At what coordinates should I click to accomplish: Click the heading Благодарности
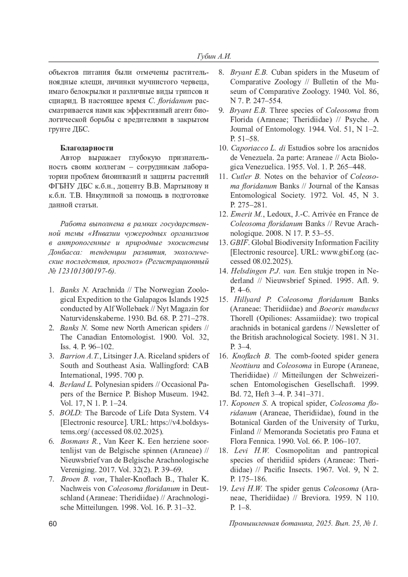click(x=87, y=148)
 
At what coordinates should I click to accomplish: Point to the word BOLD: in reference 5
click(x=71, y=413)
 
